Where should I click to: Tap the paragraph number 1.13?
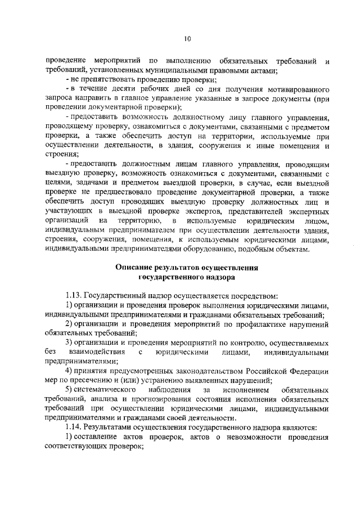pos(74,296)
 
